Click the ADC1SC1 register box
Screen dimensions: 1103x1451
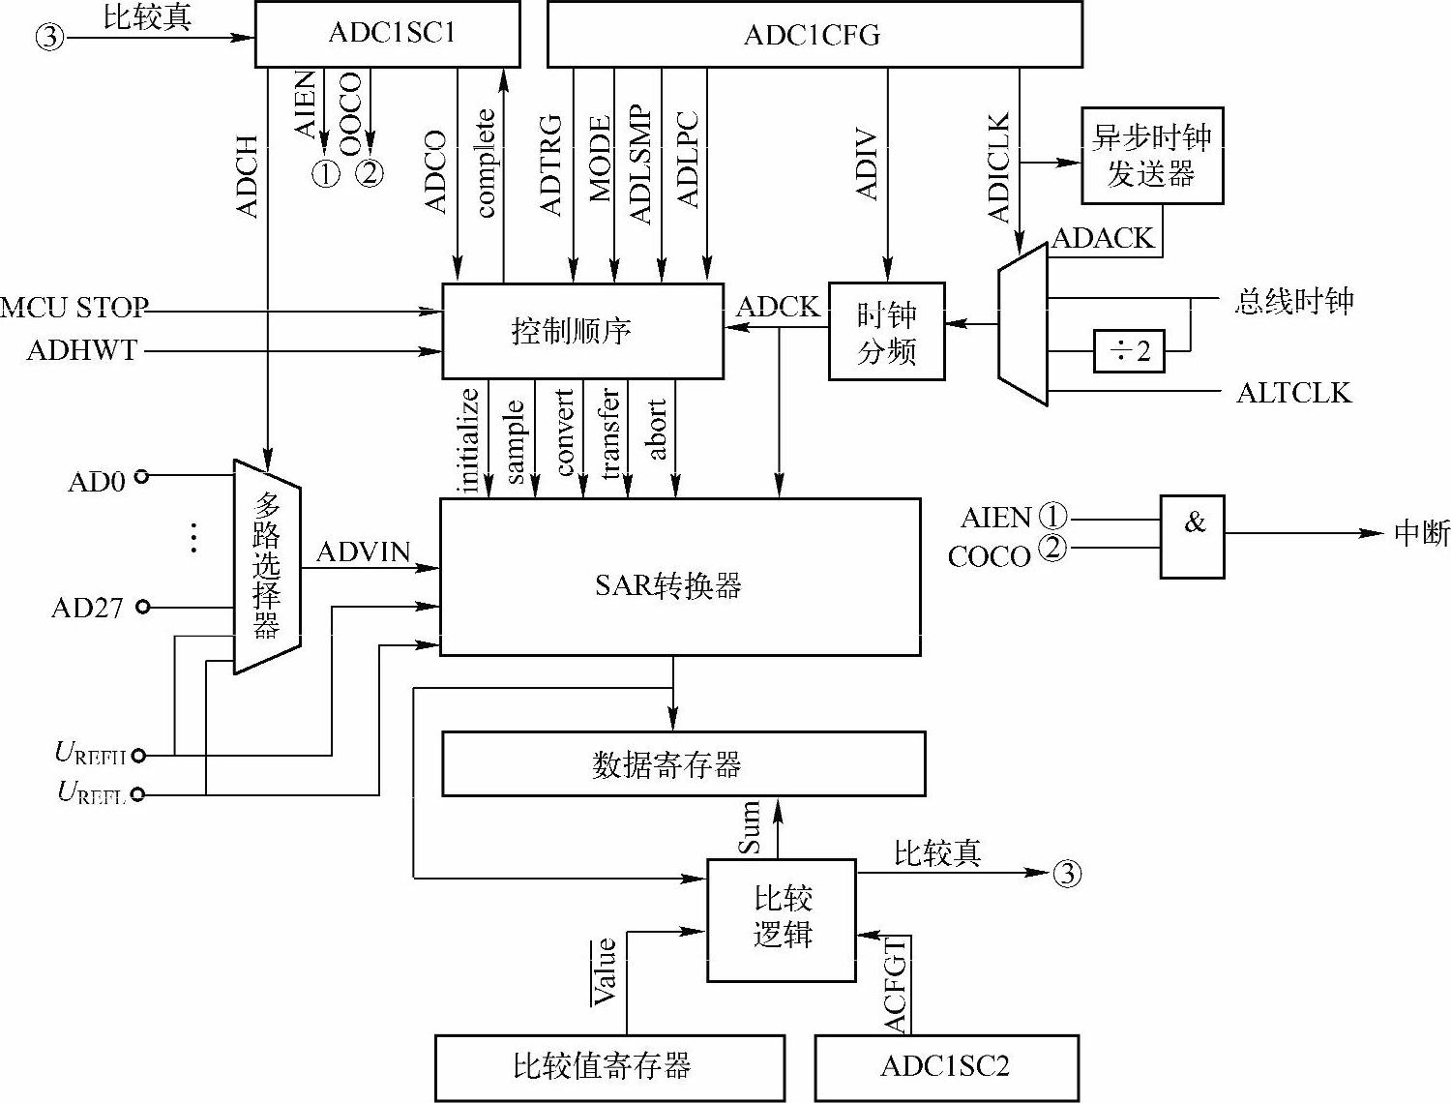[x=387, y=34]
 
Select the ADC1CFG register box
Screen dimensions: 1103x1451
[x=814, y=35]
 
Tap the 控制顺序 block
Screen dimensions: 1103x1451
[x=582, y=331]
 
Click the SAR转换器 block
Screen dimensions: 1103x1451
[x=679, y=578]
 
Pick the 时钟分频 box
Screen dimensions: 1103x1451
[x=886, y=331]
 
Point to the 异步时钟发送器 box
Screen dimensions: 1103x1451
[x=1151, y=156]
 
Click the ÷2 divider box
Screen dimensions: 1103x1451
[x=1128, y=351]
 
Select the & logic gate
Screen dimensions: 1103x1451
[x=1192, y=537]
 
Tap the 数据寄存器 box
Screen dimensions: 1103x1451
[x=683, y=764]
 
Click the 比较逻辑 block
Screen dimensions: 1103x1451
[x=782, y=919]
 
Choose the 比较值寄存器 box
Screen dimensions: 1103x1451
[x=608, y=1067]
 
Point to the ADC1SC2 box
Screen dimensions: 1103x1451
[x=945, y=1067]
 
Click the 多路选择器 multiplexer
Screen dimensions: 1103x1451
[x=267, y=566]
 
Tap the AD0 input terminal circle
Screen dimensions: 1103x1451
[x=141, y=476]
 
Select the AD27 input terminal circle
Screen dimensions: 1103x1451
[x=143, y=607]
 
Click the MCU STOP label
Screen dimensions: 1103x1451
[x=74, y=309]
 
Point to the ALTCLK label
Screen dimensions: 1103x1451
[x=1293, y=392]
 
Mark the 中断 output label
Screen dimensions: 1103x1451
[x=1421, y=533]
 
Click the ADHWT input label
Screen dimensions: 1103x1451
[x=82, y=350]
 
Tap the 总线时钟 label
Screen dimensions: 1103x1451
[x=1293, y=301]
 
